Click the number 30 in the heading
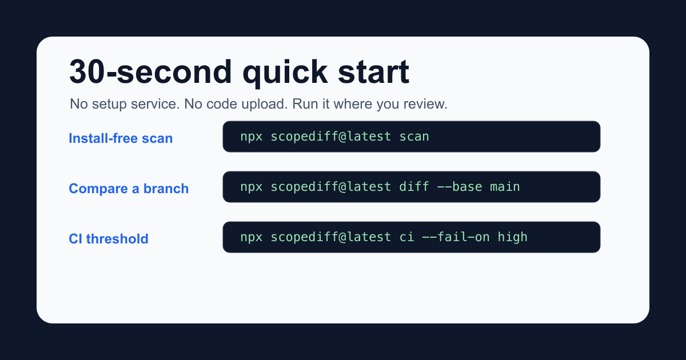click(x=87, y=71)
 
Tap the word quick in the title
click(x=285, y=73)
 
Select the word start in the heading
click(x=374, y=72)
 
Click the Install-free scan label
click(x=121, y=138)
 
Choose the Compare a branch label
click(x=129, y=189)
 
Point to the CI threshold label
click(x=109, y=239)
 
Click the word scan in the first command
click(x=414, y=137)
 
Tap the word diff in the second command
click(x=414, y=186)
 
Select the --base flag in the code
click(x=460, y=186)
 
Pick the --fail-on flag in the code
click(x=456, y=237)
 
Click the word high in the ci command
click(x=512, y=237)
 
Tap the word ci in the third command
click(x=406, y=237)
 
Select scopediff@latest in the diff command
click(x=331, y=186)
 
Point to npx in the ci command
click(x=252, y=238)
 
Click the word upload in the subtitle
click(x=265, y=105)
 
